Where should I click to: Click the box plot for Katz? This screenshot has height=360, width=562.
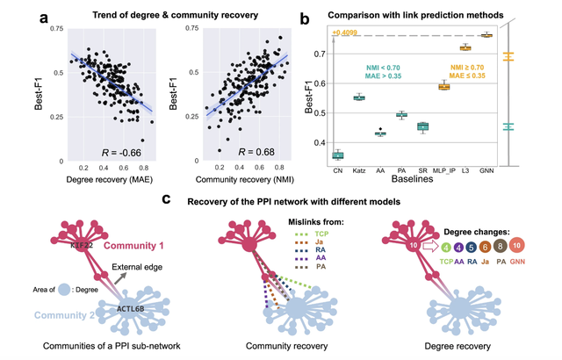click(x=359, y=97)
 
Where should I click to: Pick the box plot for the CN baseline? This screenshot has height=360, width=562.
click(x=337, y=155)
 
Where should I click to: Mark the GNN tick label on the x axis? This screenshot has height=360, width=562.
click(x=486, y=173)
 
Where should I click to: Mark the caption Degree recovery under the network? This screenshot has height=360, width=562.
click(x=467, y=346)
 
